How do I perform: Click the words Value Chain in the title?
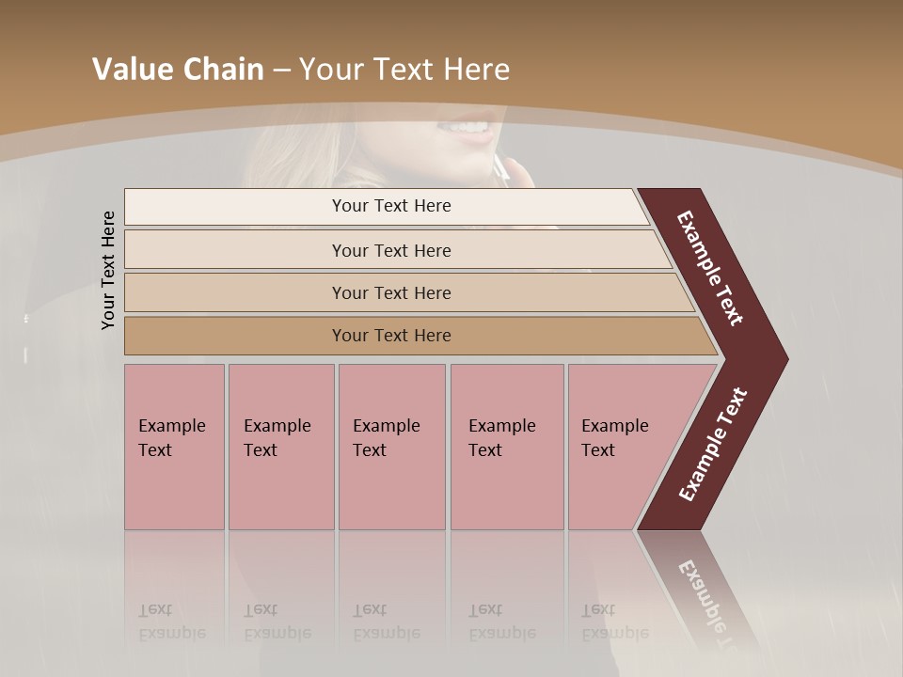pyautogui.click(x=178, y=70)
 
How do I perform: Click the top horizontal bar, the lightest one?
pyautogui.click(x=391, y=206)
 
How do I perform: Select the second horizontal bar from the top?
pyautogui.click(x=391, y=250)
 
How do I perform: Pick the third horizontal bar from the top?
pyautogui.click(x=391, y=292)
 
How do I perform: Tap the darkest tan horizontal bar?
pyautogui.click(x=391, y=336)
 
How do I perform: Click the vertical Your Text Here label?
pyautogui.click(x=108, y=270)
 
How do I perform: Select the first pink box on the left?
pyautogui.click(x=174, y=447)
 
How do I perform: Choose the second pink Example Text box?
pyautogui.click(x=280, y=447)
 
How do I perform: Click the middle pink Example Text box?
pyautogui.click(x=391, y=447)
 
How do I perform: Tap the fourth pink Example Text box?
pyautogui.click(x=506, y=447)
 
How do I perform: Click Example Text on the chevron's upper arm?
pyautogui.click(x=710, y=269)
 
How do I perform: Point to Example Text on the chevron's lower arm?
pyautogui.click(x=713, y=445)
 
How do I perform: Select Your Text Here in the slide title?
pyautogui.click(x=404, y=70)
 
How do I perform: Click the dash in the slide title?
pyautogui.click(x=281, y=70)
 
